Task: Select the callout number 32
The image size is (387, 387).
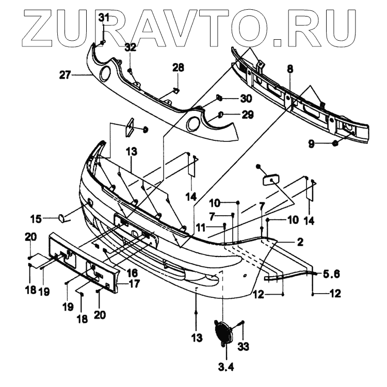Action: [130, 47]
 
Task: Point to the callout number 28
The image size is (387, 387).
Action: [178, 68]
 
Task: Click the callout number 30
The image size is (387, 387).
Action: [246, 98]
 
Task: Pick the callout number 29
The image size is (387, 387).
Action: [247, 115]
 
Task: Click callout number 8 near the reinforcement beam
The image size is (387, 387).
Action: [290, 68]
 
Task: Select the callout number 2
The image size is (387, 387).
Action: [299, 241]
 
